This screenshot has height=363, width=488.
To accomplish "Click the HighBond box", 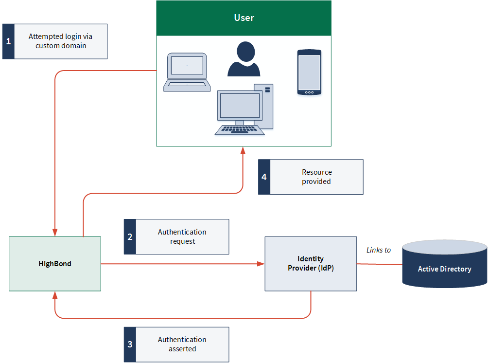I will (x=55, y=264).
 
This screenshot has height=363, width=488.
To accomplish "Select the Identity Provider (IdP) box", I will (x=311, y=264).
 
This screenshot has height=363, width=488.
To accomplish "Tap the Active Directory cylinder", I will (x=444, y=265).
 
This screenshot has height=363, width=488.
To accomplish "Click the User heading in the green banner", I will (x=244, y=18).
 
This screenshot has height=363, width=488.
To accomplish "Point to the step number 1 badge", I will (x=8, y=41).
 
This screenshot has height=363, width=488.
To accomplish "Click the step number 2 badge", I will (x=130, y=236).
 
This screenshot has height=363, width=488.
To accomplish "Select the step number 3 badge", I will (x=130, y=345).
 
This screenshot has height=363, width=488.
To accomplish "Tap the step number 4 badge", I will (x=264, y=177).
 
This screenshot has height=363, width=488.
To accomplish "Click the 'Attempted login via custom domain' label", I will (x=61, y=41).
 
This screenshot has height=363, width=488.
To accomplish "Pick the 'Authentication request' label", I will (x=182, y=236).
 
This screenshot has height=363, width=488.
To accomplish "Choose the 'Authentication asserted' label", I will (x=182, y=345).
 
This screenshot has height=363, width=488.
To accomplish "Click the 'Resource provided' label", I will (x=316, y=177).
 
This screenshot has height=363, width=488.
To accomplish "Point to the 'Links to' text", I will (x=379, y=250).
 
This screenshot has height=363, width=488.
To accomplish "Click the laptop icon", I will (x=187, y=72).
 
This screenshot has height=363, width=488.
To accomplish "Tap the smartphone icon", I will (x=310, y=72).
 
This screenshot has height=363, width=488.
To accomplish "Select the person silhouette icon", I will (x=244, y=59).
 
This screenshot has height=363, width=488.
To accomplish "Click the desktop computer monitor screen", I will (x=240, y=106).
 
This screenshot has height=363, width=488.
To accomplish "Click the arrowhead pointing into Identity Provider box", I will (x=261, y=264).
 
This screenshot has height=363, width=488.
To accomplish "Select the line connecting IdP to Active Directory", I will (x=379, y=264).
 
